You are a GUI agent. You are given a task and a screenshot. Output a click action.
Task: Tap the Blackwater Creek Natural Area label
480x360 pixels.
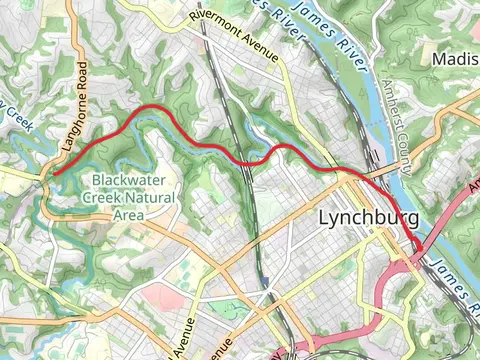tap(133, 197)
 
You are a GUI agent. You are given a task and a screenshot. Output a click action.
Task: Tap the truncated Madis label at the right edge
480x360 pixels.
tap(455, 59)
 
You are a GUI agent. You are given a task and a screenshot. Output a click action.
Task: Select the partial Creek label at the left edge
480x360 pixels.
tap(12, 115)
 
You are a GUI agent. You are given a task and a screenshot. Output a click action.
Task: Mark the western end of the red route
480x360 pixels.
tap(54, 174)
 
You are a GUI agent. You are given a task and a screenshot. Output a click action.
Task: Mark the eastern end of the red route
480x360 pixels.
tap(417, 246)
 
